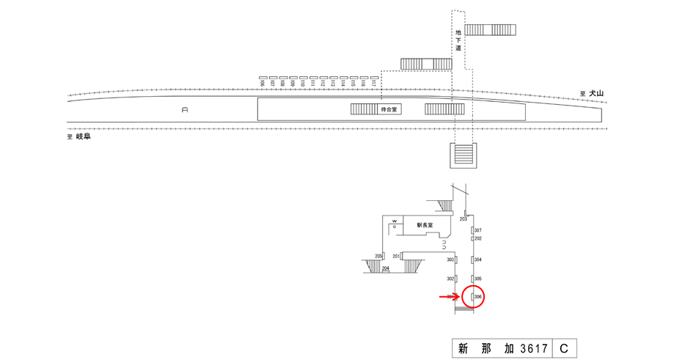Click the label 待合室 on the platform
click(x=388, y=109)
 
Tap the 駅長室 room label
click(x=425, y=225)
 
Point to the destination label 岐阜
click(x=82, y=136)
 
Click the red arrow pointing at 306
click(x=449, y=297)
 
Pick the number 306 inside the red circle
click(x=477, y=297)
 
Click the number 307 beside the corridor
click(x=477, y=230)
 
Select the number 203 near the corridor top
click(x=464, y=219)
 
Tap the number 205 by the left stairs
click(x=378, y=256)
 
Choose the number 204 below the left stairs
click(x=385, y=269)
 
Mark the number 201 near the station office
click(x=396, y=256)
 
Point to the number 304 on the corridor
click(x=477, y=260)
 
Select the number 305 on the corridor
click(x=477, y=279)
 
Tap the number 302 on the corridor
click(x=450, y=279)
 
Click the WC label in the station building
click(x=394, y=224)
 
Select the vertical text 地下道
click(x=458, y=40)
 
